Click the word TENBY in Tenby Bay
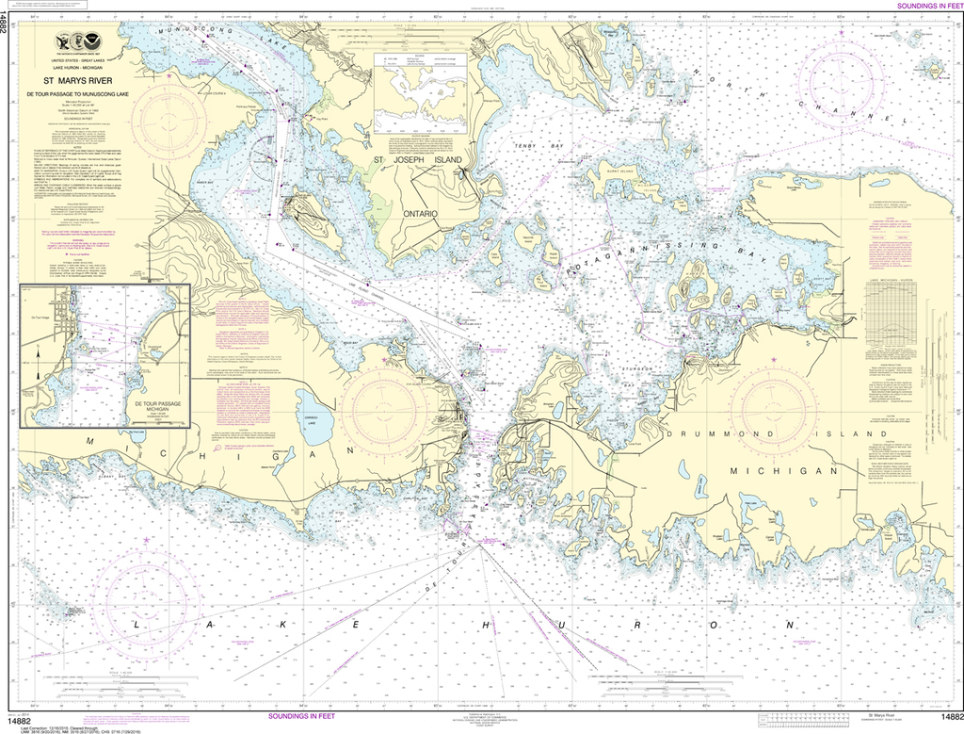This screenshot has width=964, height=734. (x=523, y=146)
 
